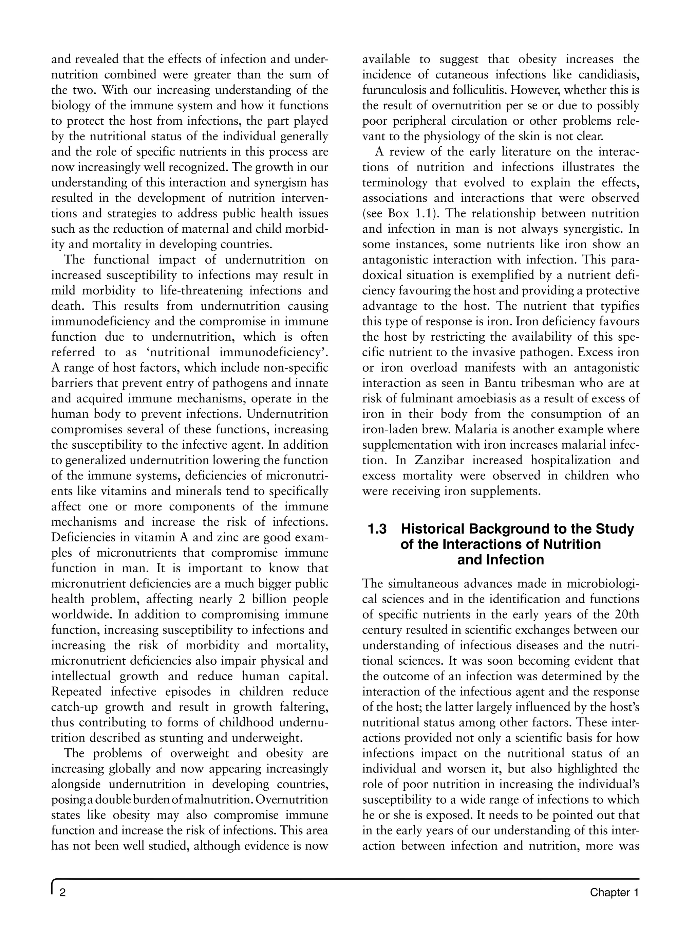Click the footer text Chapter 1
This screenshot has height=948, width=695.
(x=614, y=892)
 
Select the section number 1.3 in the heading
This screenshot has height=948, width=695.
(x=377, y=529)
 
